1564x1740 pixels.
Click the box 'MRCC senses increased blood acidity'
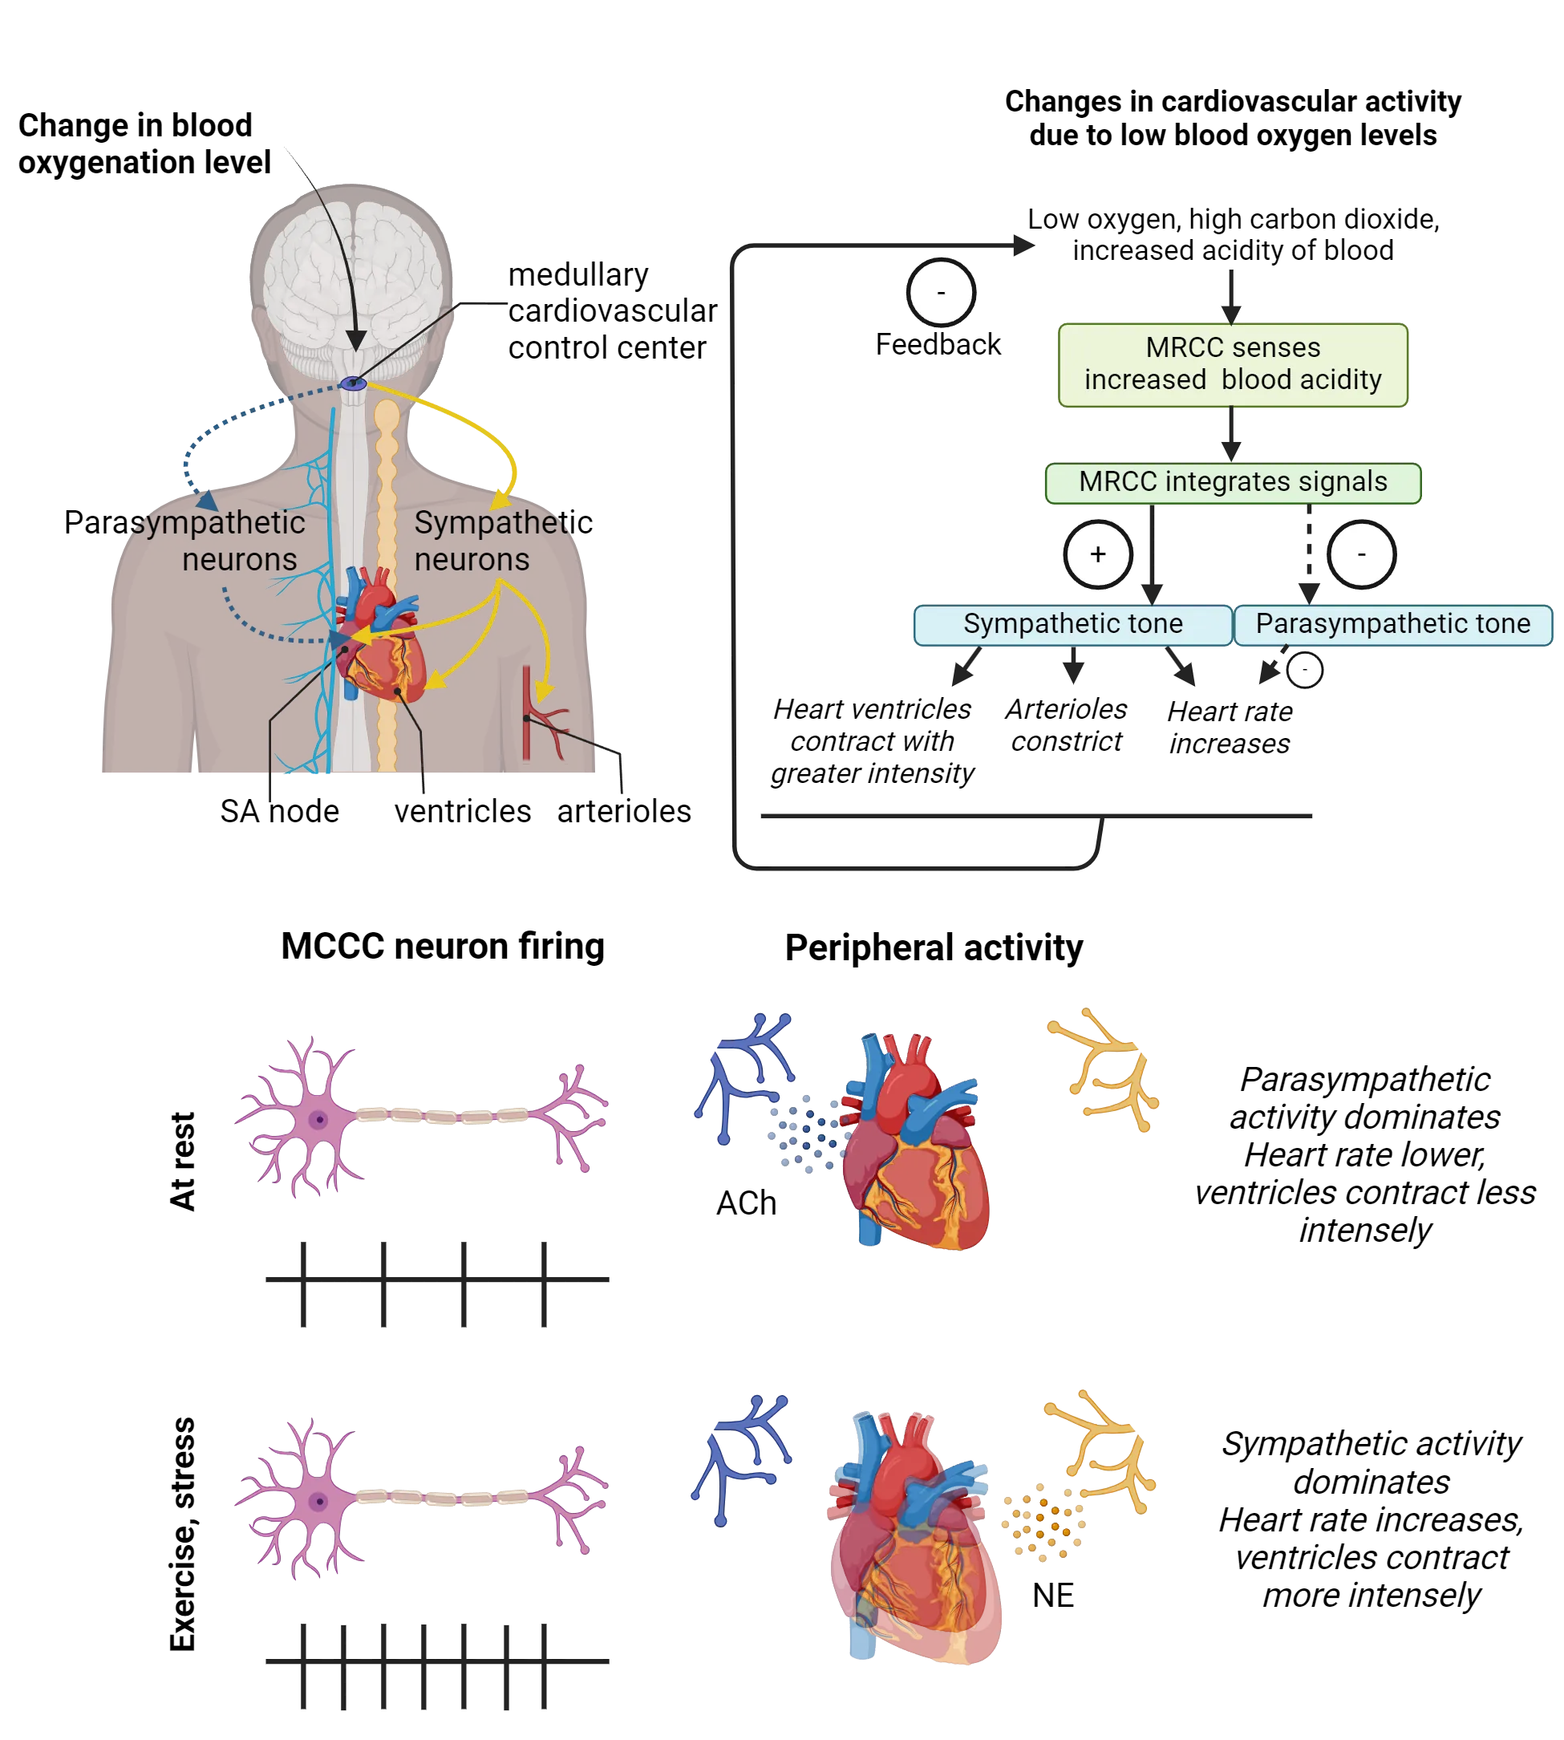coord(1234,364)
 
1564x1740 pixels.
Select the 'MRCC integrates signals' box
coord(1234,482)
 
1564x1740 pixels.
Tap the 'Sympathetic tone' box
coord(1072,624)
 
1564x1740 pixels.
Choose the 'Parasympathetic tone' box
coord(1392,624)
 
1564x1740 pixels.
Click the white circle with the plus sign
coord(1097,554)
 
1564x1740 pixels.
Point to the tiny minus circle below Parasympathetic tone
coord(1304,670)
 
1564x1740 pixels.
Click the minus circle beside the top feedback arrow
coord(941,293)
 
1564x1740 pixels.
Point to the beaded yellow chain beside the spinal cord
coord(387,585)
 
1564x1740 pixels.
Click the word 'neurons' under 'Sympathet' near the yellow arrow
coord(472,560)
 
